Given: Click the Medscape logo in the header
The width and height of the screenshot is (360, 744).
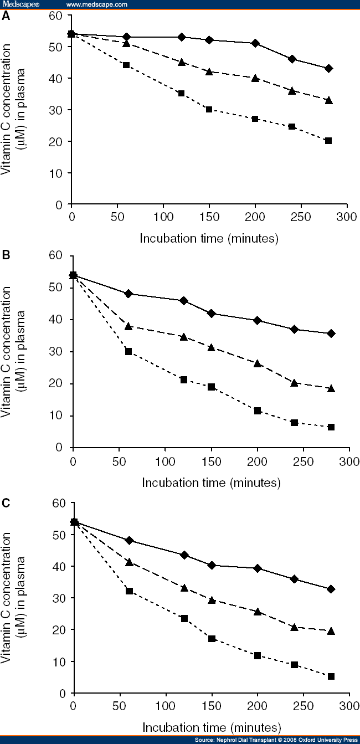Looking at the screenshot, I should click(18, 4).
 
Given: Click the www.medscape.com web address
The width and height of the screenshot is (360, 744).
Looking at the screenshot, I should click(96, 4).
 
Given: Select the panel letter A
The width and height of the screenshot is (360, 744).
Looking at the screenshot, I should click(6, 16).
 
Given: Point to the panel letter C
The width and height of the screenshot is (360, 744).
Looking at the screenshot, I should click(6, 503).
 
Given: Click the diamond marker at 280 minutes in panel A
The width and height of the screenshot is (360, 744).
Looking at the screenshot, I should click(328, 68).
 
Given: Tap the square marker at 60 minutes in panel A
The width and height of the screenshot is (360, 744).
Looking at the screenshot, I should click(126, 65).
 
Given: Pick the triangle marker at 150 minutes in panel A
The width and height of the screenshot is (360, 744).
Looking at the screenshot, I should click(209, 71).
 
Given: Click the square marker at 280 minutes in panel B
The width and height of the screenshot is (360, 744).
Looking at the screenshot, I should click(331, 427).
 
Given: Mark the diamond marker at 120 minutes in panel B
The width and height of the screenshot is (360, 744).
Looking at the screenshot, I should click(184, 301).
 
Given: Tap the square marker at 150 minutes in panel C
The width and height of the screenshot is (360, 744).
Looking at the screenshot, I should click(211, 639).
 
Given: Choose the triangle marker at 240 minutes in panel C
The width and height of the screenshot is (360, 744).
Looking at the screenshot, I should click(294, 627).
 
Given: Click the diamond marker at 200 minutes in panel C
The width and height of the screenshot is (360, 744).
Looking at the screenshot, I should click(257, 568).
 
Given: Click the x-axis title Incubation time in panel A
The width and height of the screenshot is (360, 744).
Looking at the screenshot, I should click(208, 239).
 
